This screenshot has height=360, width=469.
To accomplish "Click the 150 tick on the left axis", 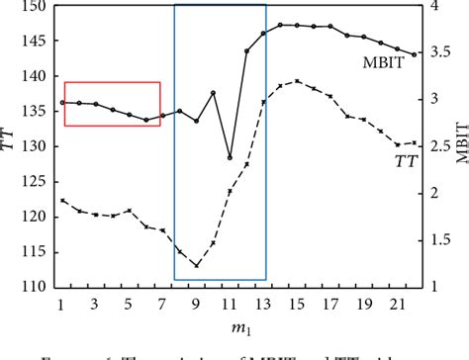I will point(33,6).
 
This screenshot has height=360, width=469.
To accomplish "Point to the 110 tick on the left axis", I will point(33,287).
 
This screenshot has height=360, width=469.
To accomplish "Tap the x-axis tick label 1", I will point(61,304).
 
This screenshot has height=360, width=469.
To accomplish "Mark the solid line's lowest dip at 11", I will point(230,157).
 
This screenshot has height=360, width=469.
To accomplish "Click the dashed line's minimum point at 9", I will point(196,265).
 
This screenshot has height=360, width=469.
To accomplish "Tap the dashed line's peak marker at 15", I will point(298,81).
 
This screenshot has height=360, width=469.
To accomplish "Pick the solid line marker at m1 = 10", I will point(213,93).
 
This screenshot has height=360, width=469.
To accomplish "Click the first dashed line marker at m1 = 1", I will point(61,201).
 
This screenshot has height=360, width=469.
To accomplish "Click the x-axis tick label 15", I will point(298,304).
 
